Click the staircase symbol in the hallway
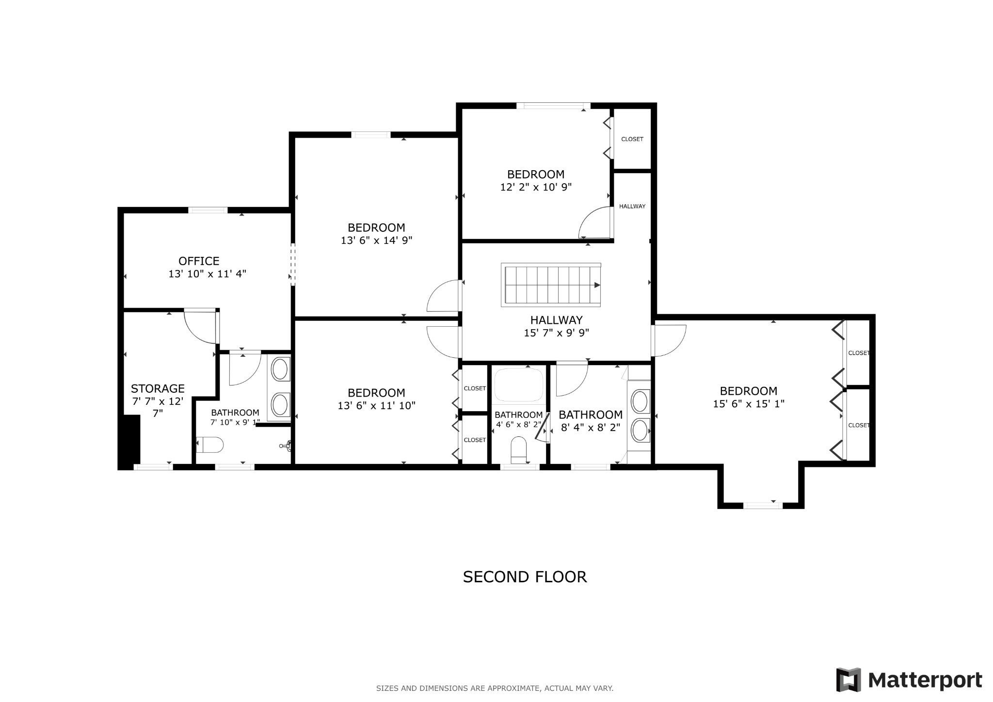coord(551,285)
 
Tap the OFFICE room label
coord(199,261)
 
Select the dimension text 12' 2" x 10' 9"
coord(536,187)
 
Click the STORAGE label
coord(158,388)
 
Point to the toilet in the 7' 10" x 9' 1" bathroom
coord(209,444)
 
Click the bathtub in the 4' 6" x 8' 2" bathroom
coord(518,385)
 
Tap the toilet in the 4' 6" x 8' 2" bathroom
coord(519,450)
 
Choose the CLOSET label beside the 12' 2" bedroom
coord(632,139)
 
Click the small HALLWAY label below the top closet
coord(632,206)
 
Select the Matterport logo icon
coord(849,680)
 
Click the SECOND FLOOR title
coord(525,577)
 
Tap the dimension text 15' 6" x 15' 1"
coord(749,403)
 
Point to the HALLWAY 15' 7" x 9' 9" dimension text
coord(556,333)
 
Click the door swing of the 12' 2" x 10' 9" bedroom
coord(596,223)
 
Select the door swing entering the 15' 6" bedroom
coord(669,340)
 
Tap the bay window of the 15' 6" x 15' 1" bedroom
coord(763,505)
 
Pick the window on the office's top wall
coord(208,210)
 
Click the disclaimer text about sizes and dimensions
coord(495,688)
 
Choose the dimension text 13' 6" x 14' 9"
coord(377,240)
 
